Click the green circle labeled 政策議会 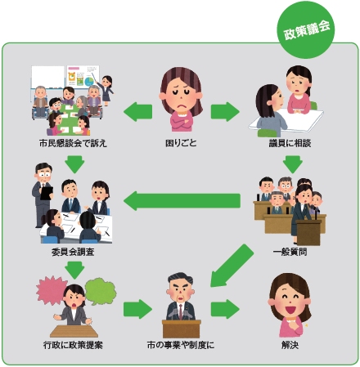[306, 29]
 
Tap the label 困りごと [181, 143]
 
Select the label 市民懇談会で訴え [73, 143]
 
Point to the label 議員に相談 [290, 143]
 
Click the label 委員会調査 [73, 252]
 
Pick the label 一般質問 [290, 252]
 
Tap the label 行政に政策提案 [73, 345]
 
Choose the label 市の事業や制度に [181, 345]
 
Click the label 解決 [290, 345]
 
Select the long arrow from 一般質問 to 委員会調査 [182, 201]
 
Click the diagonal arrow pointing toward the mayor [232, 266]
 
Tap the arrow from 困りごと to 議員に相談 [225, 112]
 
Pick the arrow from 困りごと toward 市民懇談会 [137, 112]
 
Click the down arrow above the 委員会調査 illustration [74, 164]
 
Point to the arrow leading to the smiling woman [225, 309]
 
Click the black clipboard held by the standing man [47, 193]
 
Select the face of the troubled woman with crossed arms [180, 95]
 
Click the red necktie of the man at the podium [180, 311]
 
